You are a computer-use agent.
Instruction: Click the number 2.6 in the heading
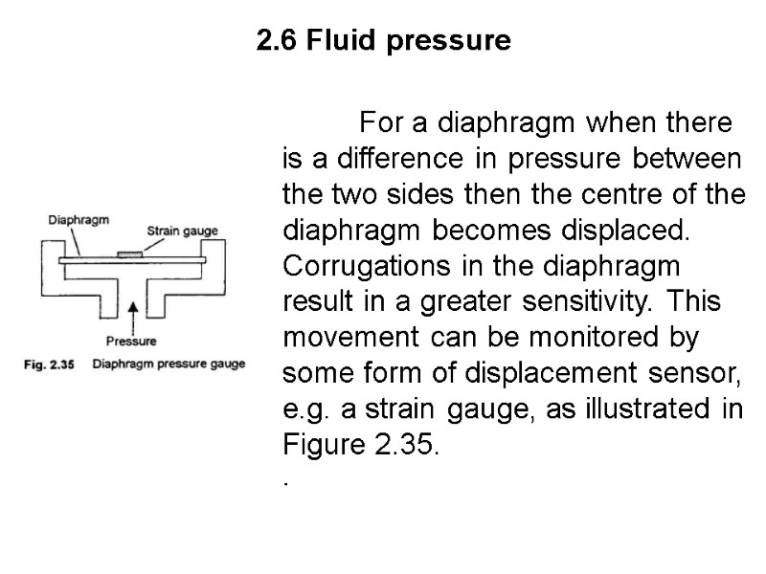pyautogui.click(x=277, y=42)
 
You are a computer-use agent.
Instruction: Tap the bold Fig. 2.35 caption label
pyautogui.click(x=48, y=364)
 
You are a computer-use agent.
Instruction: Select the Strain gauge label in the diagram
pyautogui.click(x=182, y=230)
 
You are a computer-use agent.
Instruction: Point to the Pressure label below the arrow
pyautogui.click(x=131, y=340)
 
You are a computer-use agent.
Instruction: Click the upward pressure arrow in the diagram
pyautogui.click(x=131, y=312)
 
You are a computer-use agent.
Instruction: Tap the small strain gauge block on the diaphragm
pyautogui.click(x=128, y=254)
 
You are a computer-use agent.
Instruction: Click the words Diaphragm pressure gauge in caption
pyautogui.click(x=176, y=364)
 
